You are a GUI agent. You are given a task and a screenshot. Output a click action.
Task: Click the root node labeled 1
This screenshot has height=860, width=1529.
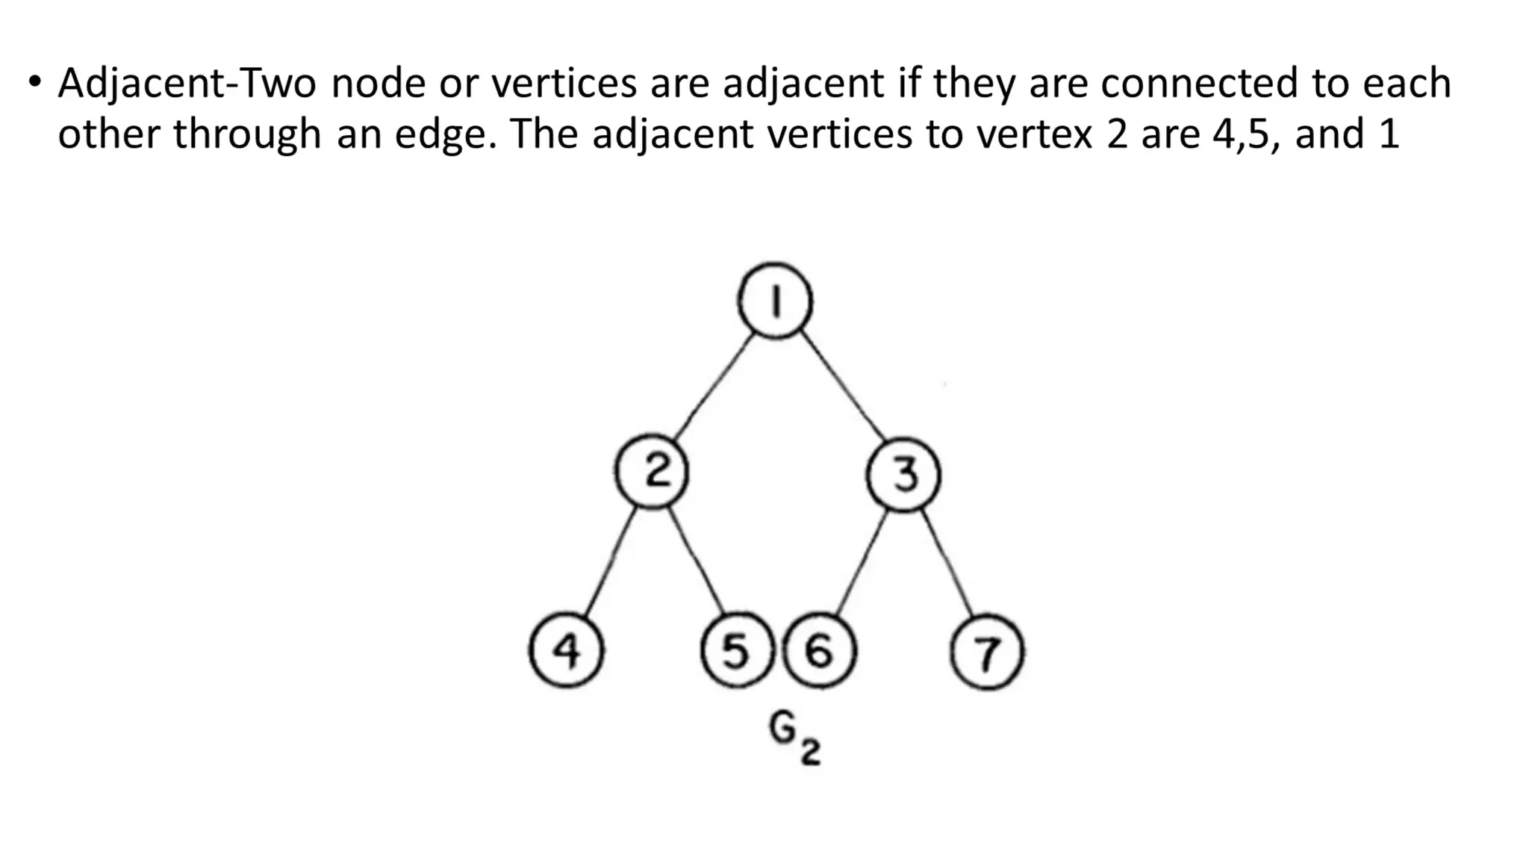[775, 302]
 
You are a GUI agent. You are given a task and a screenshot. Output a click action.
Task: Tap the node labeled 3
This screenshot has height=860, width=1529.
[903, 475]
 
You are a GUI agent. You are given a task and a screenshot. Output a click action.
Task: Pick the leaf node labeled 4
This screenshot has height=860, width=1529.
[567, 650]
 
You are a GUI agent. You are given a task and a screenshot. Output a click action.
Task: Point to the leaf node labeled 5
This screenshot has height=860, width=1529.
[736, 650]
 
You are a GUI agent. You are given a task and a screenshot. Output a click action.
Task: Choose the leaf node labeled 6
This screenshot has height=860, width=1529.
[820, 650]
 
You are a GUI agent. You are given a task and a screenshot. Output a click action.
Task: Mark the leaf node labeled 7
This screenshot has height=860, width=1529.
[987, 652]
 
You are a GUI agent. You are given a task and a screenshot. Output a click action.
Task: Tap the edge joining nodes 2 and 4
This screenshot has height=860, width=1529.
[610, 562]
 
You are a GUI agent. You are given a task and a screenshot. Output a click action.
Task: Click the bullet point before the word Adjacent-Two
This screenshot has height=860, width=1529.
[34, 81]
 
